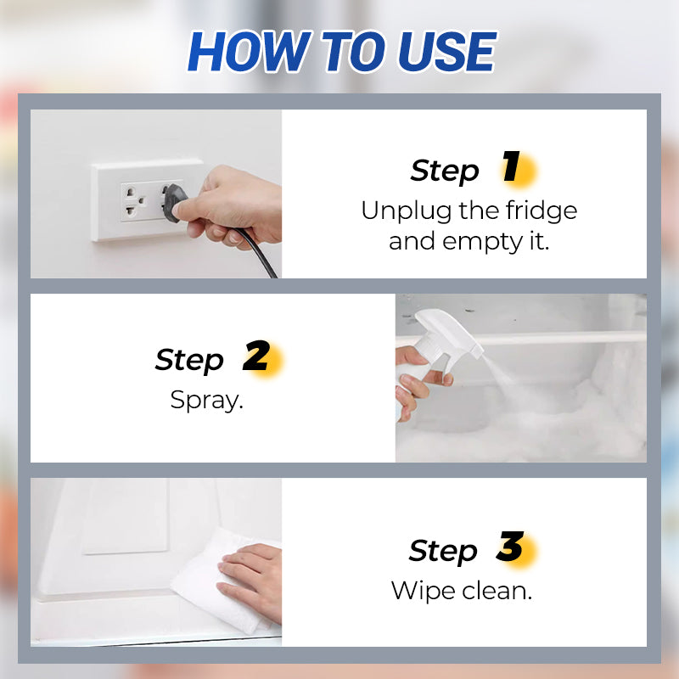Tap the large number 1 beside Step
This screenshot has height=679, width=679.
[511, 169]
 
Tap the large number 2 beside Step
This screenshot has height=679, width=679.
[255, 358]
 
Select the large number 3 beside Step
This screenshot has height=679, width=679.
[510, 548]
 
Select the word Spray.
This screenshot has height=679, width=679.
[206, 400]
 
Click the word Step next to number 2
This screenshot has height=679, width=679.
[189, 360]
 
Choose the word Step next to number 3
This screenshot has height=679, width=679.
[443, 551]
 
